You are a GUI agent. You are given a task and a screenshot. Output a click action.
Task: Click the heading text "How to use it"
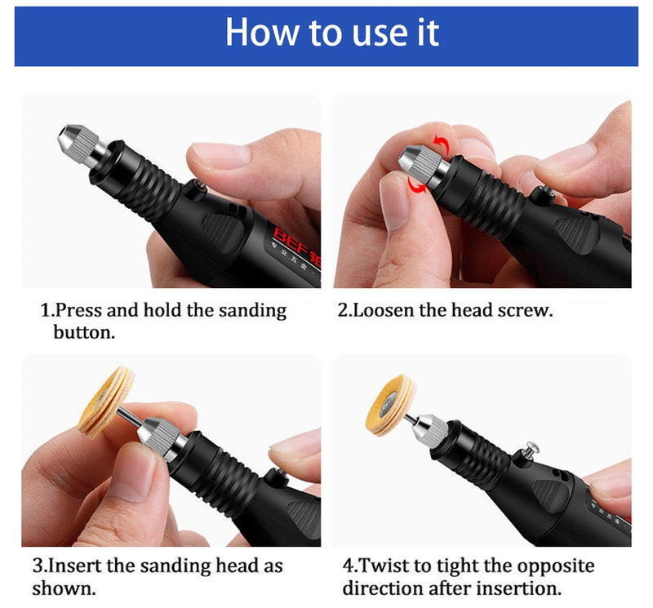332,32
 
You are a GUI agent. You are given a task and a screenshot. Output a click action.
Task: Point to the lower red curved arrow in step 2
416,185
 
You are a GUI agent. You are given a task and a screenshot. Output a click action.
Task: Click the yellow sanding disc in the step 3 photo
106,402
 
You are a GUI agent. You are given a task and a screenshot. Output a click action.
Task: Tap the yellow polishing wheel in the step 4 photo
390,405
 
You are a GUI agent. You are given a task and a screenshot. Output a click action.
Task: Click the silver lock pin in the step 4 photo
531,450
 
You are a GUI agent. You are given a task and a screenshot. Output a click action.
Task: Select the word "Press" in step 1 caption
78,311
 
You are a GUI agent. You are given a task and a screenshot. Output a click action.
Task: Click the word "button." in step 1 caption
84,332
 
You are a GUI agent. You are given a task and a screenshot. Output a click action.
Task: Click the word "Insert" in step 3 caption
75,566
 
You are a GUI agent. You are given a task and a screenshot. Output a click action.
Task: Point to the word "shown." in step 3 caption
64,588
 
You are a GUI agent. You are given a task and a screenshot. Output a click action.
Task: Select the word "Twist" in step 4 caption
382,566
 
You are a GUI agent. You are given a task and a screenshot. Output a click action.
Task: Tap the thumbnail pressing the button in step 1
220,153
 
